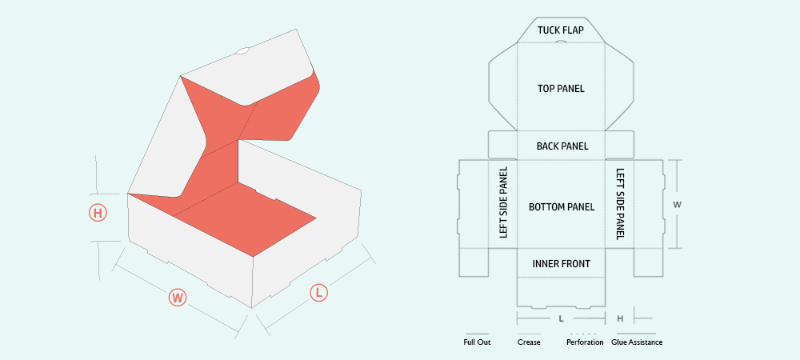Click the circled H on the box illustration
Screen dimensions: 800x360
click(98, 213)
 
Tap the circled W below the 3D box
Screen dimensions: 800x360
click(178, 298)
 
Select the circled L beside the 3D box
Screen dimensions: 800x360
click(319, 293)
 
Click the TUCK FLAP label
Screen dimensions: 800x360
click(561, 30)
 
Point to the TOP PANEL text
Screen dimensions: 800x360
click(561, 89)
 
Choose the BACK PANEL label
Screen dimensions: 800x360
click(562, 146)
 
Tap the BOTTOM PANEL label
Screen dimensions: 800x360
click(562, 207)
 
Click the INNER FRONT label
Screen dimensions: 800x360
click(562, 264)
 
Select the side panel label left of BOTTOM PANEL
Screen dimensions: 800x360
click(504, 202)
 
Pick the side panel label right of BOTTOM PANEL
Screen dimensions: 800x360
click(620, 204)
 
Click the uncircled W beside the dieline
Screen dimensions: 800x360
click(678, 205)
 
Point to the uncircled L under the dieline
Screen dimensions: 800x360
click(562, 318)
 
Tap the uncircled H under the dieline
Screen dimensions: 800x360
click(620, 318)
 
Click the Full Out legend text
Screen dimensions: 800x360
click(477, 342)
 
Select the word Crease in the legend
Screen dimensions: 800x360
click(529, 342)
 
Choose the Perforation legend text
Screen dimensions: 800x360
click(585, 342)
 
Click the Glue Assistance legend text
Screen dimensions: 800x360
click(637, 342)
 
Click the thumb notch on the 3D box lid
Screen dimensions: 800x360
click(242, 51)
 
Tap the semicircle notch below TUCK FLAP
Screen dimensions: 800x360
click(561, 42)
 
